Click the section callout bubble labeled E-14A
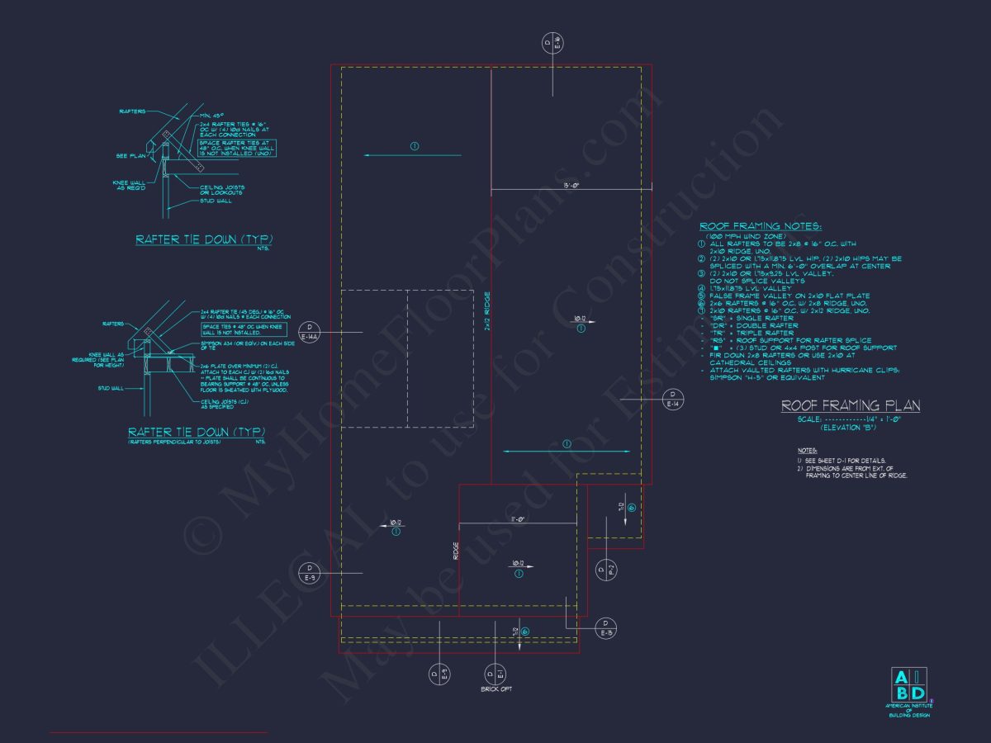[x=310, y=332]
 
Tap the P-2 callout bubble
[x=606, y=569]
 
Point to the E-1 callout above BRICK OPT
[x=495, y=674]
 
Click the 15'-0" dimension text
[x=571, y=186]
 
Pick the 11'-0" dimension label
[x=518, y=518]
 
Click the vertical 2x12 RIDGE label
[x=488, y=311]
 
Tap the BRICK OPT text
[x=496, y=689]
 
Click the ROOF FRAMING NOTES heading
[x=761, y=226]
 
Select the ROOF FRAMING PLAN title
[x=851, y=405]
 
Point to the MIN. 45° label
[x=210, y=115]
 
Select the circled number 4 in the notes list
[x=701, y=288]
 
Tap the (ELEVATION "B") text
[x=848, y=427]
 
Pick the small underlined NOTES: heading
[x=807, y=451]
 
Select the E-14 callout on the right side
[x=672, y=399]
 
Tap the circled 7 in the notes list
[x=701, y=310]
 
